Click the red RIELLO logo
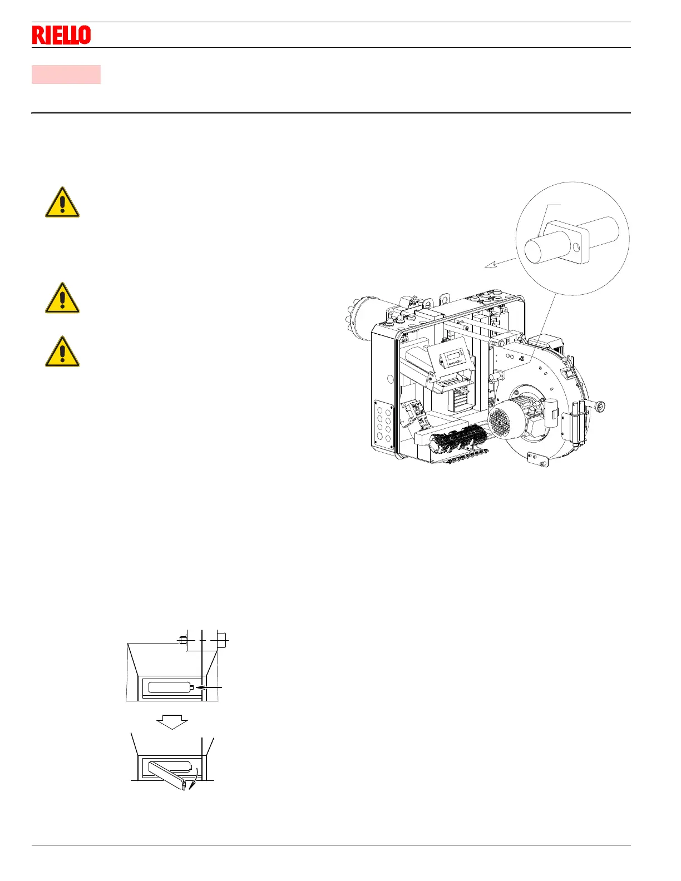click(61, 35)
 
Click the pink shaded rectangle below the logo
click(66, 75)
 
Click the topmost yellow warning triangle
click(62, 203)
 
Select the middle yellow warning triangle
click(62, 299)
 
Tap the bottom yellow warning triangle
click(62, 353)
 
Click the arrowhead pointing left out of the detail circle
click(489, 265)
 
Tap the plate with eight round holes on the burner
click(383, 424)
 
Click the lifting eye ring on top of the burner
click(443, 300)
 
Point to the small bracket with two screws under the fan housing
click(537, 459)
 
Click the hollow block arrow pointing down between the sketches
click(172, 721)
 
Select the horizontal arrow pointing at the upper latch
click(210, 688)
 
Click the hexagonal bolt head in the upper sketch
click(182, 640)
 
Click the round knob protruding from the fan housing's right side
click(600, 407)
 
